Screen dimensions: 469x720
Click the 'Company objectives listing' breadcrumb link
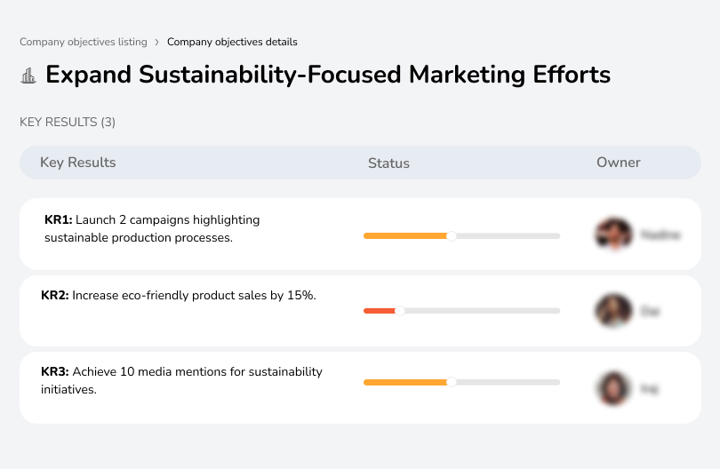[x=83, y=42]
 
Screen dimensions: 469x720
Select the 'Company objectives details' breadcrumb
[x=232, y=42]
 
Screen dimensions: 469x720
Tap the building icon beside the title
[x=28, y=76]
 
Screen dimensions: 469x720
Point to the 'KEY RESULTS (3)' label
[x=68, y=122]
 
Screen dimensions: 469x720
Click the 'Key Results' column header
[x=77, y=163]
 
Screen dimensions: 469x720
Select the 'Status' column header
[x=388, y=163]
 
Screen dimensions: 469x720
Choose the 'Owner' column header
[x=619, y=163]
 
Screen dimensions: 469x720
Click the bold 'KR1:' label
[x=58, y=220]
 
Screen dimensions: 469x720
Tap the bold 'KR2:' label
[x=55, y=296]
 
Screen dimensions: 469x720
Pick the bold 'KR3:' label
[x=55, y=372]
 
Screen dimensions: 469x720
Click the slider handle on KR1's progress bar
[x=452, y=235]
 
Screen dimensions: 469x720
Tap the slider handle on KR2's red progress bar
[x=400, y=311]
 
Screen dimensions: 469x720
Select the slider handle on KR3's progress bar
[x=452, y=382]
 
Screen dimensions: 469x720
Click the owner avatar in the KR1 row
[x=613, y=234]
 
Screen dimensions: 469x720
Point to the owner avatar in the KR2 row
[x=613, y=311]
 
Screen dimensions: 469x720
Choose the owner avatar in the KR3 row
[x=613, y=388]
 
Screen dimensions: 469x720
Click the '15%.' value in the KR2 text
[x=302, y=296]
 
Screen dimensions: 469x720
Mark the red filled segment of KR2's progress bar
[x=380, y=311]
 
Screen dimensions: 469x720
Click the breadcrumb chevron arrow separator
[x=156, y=42]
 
